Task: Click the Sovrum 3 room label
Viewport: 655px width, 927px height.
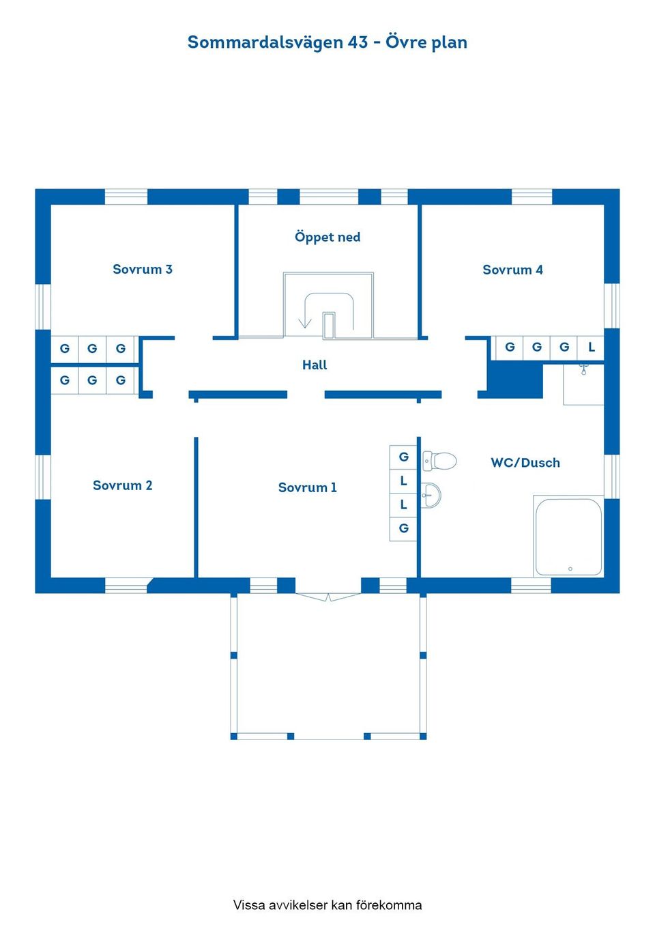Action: coord(142,269)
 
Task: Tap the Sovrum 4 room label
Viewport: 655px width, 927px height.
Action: coord(512,270)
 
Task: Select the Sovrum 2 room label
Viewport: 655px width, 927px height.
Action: coord(122,485)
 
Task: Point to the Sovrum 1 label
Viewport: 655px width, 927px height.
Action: coord(307,487)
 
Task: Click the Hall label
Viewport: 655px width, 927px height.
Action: coord(315,365)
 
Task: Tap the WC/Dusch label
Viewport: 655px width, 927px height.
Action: coord(525,463)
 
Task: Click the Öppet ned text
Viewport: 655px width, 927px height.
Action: coord(327,237)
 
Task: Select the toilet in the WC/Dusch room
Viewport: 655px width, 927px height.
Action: coord(440,461)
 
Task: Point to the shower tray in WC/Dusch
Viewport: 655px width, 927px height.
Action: coord(568,537)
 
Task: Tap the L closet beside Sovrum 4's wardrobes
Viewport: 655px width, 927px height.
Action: coord(591,347)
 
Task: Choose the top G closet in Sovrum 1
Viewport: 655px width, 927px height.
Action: coord(403,457)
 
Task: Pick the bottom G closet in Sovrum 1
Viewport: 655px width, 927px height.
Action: coord(403,528)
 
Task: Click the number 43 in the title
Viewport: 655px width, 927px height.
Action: coord(358,42)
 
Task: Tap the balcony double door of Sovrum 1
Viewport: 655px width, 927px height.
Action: coord(328,597)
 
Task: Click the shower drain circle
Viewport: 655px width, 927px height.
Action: coord(570,569)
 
